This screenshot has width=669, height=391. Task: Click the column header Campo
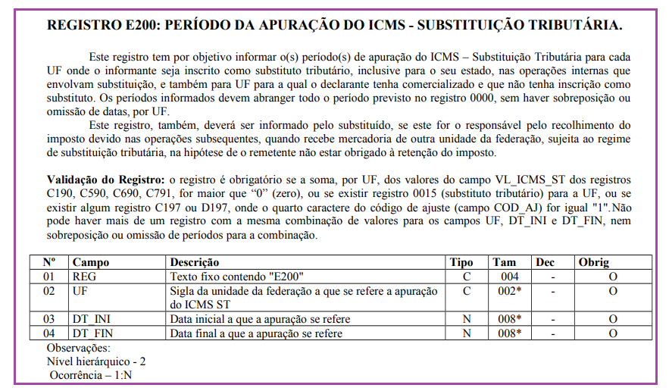(89, 262)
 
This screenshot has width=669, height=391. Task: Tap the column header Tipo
(461, 262)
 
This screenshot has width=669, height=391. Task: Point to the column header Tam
(504, 262)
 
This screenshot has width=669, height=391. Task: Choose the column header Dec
(545, 262)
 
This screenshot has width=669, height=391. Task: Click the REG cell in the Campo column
(84, 277)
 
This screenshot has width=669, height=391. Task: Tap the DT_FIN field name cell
(93, 333)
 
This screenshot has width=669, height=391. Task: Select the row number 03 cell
(49, 319)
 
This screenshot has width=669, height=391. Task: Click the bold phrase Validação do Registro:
(105, 180)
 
